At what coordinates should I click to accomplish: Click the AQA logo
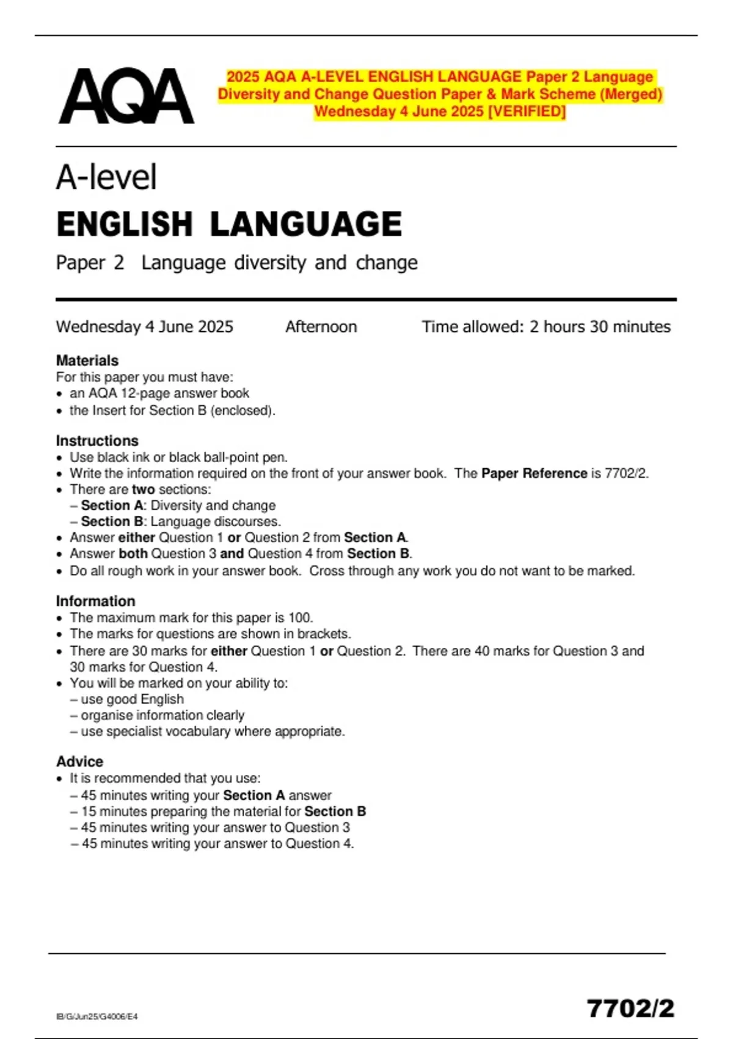[x=126, y=96]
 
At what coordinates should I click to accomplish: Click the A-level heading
[x=107, y=177]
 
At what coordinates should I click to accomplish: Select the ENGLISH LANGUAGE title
[x=229, y=224]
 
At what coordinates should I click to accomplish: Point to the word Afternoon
[x=321, y=327]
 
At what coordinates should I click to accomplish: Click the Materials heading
[x=87, y=361]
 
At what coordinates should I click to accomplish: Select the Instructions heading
[x=97, y=441]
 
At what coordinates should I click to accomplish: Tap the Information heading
[x=95, y=601]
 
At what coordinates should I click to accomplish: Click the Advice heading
[x=79, y=762]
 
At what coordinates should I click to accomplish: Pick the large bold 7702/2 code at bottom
[x=630, y=1008]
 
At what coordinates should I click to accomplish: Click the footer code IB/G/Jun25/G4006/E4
[x=97, y=1016]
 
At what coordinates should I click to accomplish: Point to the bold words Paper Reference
[x=534, y=474]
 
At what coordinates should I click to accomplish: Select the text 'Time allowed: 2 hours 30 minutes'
[x=546, y=327]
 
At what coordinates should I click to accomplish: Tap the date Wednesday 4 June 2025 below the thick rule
[x=145, y=327]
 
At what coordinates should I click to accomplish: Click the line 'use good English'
[x=132, y=699]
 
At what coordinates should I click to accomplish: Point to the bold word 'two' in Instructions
[x=143, y=490]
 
